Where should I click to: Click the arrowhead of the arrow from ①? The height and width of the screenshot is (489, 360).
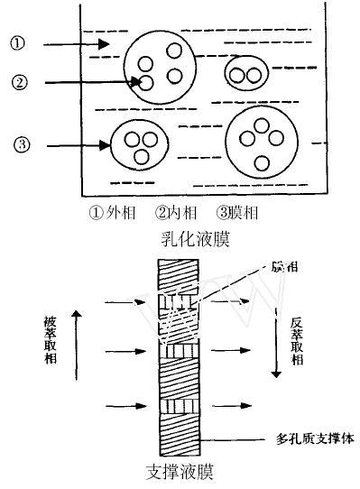click(105, 43)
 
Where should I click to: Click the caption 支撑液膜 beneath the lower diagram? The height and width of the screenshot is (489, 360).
click(180, 472)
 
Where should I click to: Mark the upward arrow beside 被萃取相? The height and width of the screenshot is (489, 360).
click(78, 347)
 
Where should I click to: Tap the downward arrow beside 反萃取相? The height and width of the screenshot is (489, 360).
click(271, 347)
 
